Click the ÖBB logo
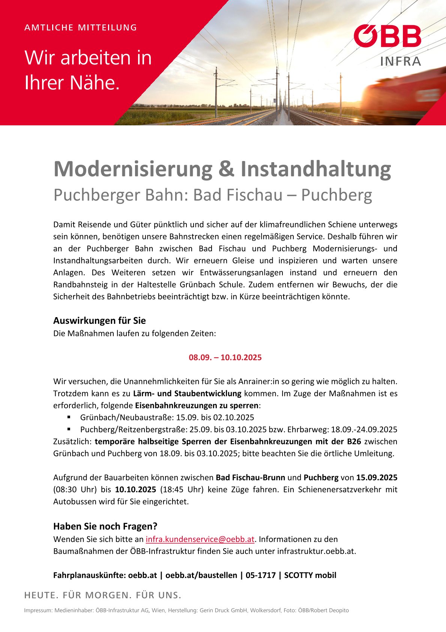[387, 36]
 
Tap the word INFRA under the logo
[401, 61]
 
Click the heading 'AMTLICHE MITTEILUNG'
[81, 27]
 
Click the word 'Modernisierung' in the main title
[133, 169]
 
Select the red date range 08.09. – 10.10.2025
[225, 357]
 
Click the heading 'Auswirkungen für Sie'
[99, 321]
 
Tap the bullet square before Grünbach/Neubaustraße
[69, 417]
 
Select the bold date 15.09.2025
[377, 477]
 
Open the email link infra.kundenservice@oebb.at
[200, 539]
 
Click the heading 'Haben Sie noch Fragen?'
[105, 526]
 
